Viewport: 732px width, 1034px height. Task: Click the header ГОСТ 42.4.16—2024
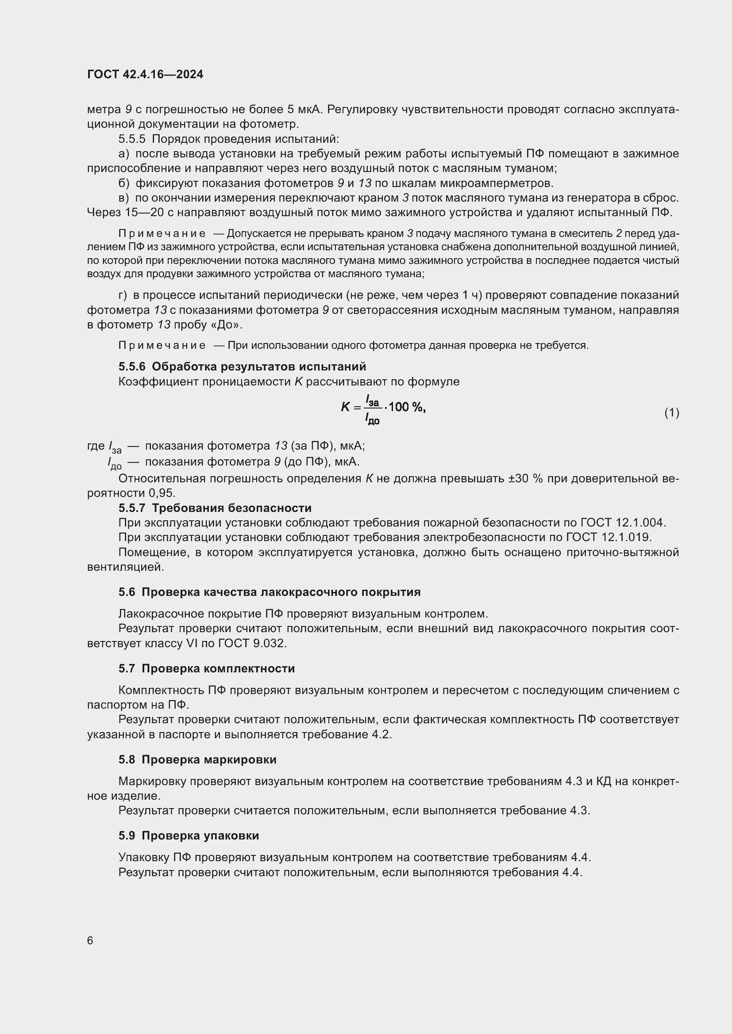pyautogui.click(x=145, y=74)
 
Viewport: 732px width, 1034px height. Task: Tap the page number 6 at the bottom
pyautogui.click(x=90, y=941)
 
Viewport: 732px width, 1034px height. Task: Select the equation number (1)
pyautogui.click(x=672, y=412)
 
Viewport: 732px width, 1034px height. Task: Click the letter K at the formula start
pyautogui.click(x=345, y=407)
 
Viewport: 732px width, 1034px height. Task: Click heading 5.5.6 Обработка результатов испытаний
pyautogui.click(x=243, y=366)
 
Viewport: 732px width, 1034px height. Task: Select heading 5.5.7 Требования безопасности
pyautogui.click(x=215, y=508)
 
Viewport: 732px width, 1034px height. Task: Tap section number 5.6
pyautogui.click(x=127, y=592)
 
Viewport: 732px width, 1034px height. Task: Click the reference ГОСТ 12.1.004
pyautogui.click(x=623, y=523)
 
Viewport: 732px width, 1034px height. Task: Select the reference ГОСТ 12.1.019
pyautogui.click(x=609, y=537)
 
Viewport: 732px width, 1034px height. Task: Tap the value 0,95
pyautogui.click(x=162, y=493)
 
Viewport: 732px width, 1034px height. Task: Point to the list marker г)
pyautogui.click(x=123, y=295)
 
